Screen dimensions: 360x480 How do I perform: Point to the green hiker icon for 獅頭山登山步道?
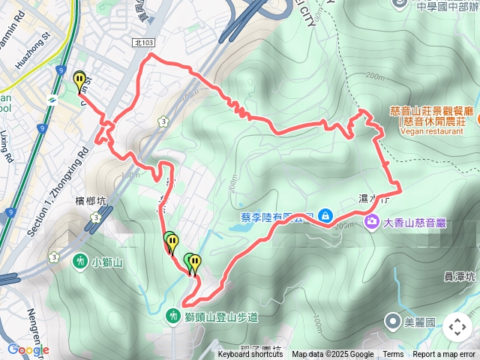173,316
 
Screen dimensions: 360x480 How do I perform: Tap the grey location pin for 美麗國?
392,322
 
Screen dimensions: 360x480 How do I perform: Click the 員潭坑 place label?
459,277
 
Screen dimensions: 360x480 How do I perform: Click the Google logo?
28,349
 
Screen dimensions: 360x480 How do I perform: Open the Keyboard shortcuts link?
250,355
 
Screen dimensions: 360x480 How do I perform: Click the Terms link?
393,355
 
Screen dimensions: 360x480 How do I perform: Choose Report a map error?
444,355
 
